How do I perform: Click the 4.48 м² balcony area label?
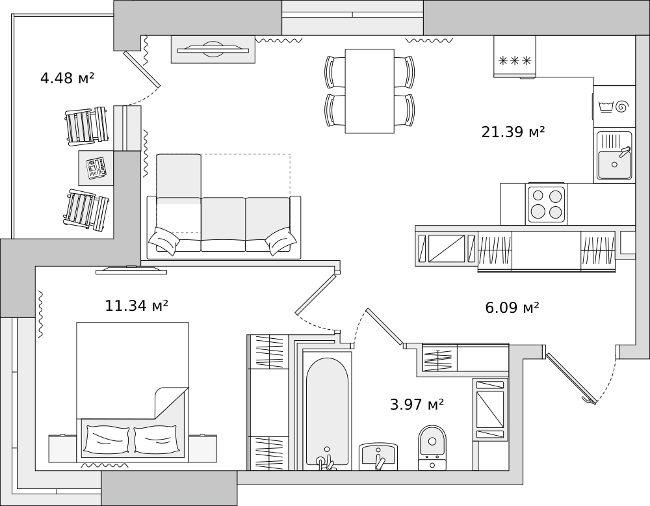point(67,79)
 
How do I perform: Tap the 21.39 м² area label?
point(513,133)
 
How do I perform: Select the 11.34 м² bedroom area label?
point(136,306)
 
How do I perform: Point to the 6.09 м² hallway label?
point(512,308)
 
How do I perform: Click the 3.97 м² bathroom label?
point(417,405)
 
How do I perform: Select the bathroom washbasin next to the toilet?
point(378,455)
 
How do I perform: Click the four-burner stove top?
point(546,204)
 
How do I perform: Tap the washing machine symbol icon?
point(614,105)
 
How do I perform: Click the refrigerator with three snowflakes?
point(515,57)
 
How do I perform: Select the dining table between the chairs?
point(369,91)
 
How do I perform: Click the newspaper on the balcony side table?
point(96,168)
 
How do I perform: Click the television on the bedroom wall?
point(127,269)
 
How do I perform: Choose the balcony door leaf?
point(142,70)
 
